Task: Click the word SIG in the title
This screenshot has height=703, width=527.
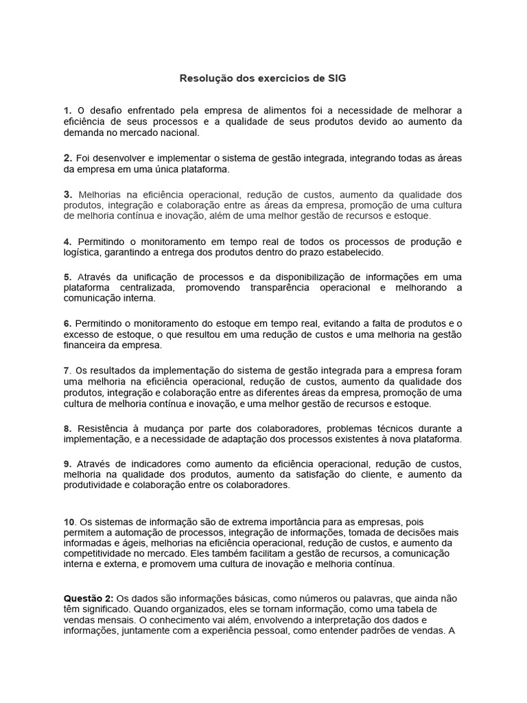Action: (337, 78)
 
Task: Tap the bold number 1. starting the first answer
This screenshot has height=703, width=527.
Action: (67, 111)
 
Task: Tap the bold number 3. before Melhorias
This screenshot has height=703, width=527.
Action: (68, 194)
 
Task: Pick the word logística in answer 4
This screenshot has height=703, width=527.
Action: (82, 253)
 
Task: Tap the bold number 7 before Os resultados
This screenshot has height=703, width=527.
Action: (67, 371)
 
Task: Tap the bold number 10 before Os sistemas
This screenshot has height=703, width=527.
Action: (69, 522)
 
